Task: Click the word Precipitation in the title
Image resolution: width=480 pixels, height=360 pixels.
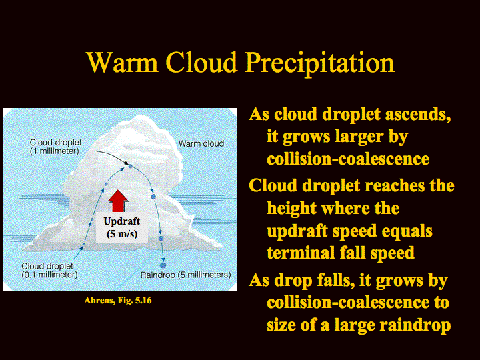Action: [320, 63]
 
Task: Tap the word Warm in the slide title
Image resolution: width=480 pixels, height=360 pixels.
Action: [122, 63]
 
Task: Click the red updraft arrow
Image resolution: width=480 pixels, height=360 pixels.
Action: [118, 201]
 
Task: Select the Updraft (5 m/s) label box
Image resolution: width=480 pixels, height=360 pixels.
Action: [122, 227]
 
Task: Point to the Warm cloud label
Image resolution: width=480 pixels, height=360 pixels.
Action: [201, 143]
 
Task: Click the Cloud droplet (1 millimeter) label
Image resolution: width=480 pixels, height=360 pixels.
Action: [55, 147]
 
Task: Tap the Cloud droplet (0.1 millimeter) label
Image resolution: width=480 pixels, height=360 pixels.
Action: [49, 270]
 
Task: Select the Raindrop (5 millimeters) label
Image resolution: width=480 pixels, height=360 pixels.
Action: [185, 275]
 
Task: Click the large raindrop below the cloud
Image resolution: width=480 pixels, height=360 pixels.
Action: [163, 265]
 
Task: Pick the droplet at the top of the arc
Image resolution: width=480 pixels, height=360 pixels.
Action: [130, 166]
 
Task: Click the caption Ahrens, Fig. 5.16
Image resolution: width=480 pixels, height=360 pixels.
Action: [118, 300]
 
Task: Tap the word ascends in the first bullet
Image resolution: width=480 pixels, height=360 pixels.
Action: [418, 115]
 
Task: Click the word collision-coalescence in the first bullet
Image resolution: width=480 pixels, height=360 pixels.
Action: [348, 159]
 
